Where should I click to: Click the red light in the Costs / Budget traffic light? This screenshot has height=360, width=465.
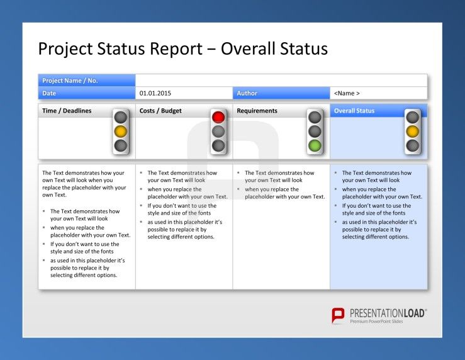click(x=218, y=117)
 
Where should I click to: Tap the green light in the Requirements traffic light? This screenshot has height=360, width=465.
click(x=315, y=145)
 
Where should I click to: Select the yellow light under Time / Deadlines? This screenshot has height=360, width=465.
click(x=120, y=132)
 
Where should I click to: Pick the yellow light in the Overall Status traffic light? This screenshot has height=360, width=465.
click(x=412, y=132)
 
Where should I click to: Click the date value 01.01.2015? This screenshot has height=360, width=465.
click(x=155, y=93)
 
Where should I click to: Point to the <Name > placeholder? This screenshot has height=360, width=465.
click(x=347, y=93)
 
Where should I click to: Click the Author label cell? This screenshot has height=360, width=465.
click(x=281, y=93)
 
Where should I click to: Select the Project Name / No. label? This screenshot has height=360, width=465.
click(x=70, y=81)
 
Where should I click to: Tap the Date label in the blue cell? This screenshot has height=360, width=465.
click(x=49, y=93)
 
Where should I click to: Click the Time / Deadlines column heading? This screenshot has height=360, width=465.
click(x=67, y=111)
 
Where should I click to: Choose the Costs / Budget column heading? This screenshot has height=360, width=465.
click(x=160, y=111)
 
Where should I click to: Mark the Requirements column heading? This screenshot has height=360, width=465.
click(x=257, y=111)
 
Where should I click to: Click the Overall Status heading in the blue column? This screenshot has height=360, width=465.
click(x=354, y=111)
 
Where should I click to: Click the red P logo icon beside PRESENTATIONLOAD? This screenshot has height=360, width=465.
click(x=338, y=315)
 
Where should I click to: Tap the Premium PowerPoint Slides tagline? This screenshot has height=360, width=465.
click(x=376, y=322)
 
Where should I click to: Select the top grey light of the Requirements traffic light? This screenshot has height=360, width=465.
click(x=315, y=117)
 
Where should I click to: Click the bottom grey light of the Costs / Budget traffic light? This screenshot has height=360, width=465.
click(x=218, y=145)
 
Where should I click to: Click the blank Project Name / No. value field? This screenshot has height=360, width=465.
click(x=281, y=81)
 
